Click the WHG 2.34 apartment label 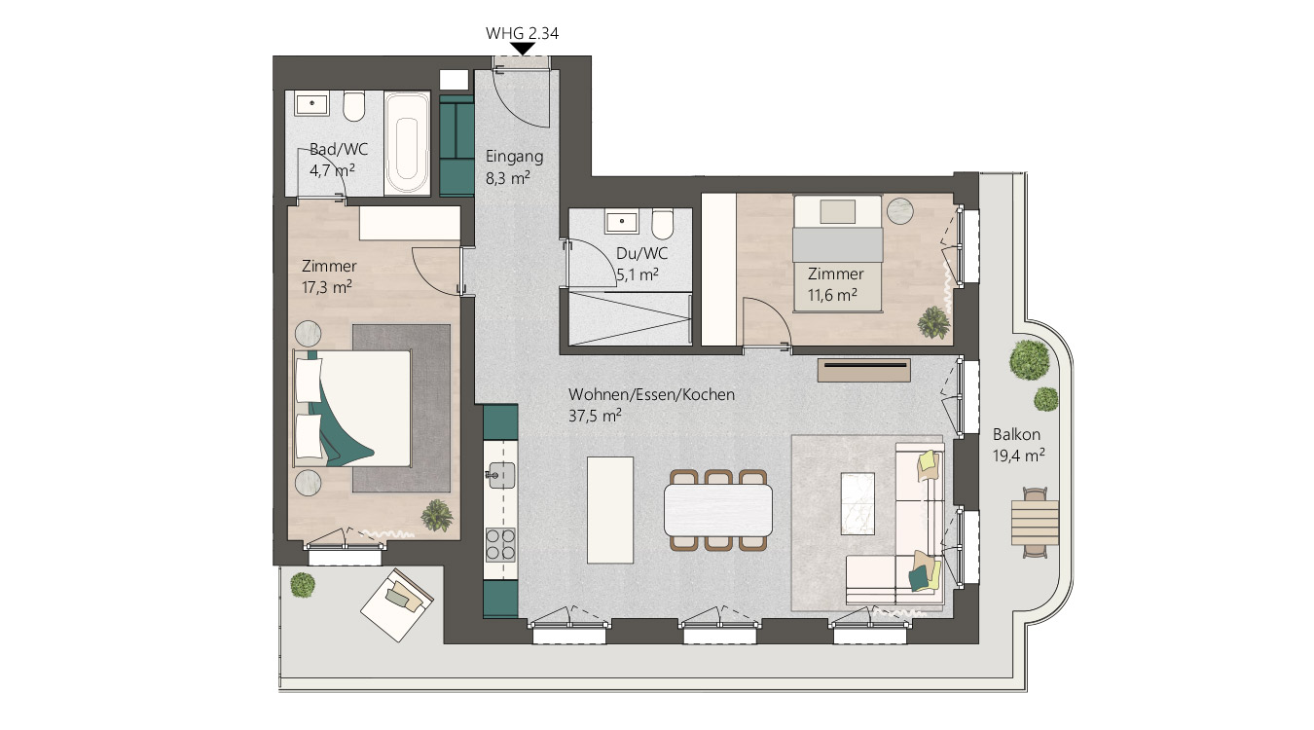click(x=522, y=33)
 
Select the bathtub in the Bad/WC click(x=407, y=143)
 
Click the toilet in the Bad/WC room click(x=353, y=106)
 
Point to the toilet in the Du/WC click(x=663, y=225)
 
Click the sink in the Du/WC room click(x=622, y=222)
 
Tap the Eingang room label click(x=515, y=157)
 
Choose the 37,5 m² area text click(x=595, y=416)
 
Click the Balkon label click(x=1016, y=435)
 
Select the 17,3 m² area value click(x=327, y=287)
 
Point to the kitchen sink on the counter click(x=501, y=475)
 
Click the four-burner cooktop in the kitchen click(x=500, y=545)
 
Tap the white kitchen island click(x=610, y=510)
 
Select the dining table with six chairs click(x=718, y=510)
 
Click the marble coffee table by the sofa click(x=858, y=503)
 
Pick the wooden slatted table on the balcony click(x=1035, y=523)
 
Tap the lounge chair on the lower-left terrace click(x=396, y=604)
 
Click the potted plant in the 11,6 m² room click(x=933, y=323)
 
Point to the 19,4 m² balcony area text click(x=1018, y=456)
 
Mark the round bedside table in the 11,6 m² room click(x=900, y=211)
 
